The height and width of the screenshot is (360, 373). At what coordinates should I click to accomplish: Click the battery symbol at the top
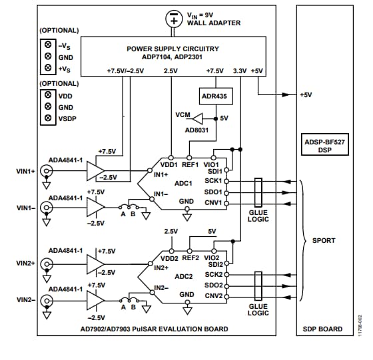pos(174,18)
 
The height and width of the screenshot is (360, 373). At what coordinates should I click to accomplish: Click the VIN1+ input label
pos(26,172)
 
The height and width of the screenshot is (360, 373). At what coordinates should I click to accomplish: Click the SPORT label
pos(324,240)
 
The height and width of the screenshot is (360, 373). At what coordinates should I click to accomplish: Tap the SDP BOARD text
pos(323,329)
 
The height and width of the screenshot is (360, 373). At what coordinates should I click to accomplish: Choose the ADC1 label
pos(183,182)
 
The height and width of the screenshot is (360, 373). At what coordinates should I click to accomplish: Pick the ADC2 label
pos(183,275)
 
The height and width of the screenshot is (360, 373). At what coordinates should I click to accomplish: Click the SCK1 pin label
pos(212,181)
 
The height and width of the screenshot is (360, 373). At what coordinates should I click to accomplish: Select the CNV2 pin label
pos(212,295)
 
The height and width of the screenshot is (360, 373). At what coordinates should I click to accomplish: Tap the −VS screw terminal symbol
pos(48,45)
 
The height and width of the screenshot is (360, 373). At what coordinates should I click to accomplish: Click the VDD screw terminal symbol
pos(48,96)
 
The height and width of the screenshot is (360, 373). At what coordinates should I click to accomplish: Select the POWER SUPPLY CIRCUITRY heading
pos(172,49)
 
